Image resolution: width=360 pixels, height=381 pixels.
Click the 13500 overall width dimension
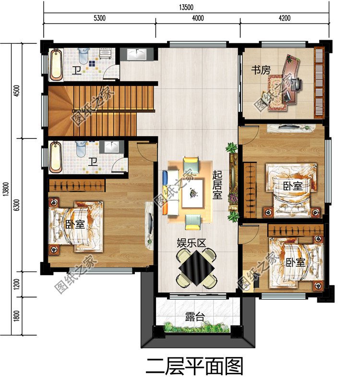click(x=186, y=7)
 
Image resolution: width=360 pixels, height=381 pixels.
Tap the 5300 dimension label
click(x=99, y=18)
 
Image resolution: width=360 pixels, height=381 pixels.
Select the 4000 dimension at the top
click(x=198, y=18)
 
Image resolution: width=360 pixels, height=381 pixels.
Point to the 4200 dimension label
click(x=285, y=18)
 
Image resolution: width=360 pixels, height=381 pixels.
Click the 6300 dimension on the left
click(x=16, y=205)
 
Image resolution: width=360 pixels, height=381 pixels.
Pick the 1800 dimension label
click(x=16, y=316)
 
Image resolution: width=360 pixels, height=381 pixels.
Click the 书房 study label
click(x=261, y=70)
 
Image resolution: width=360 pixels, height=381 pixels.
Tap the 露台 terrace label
click(x=195, y=317)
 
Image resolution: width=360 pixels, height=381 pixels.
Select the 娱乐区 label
click(x=192, y=243)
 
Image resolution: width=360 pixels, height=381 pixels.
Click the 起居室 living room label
click(x=217, y=184)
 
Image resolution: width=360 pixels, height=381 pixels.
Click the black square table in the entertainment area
click(x=197, y=268)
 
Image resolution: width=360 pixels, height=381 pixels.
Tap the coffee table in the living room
click(x=193, y=193)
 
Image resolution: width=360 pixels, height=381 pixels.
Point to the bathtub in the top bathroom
click(x=56, y=65)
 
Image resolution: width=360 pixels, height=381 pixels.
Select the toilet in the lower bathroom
click(x=81, y=149)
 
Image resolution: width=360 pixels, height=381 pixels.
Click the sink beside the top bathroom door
click(x=137, y=54)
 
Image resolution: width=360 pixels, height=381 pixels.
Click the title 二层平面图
click(x=195, y=366)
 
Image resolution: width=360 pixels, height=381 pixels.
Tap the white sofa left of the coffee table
click(x=171, y=192)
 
